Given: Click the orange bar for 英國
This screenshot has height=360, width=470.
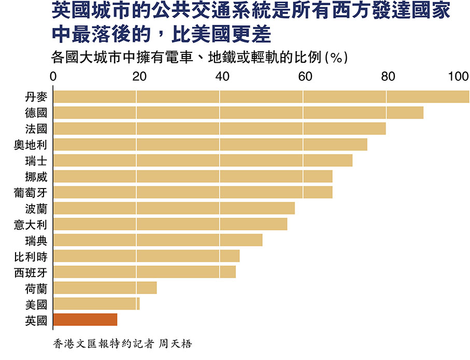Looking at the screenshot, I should [85, 320].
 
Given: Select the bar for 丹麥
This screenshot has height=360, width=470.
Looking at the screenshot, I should [261, 97].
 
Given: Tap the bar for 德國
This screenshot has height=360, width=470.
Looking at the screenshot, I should [238, 113].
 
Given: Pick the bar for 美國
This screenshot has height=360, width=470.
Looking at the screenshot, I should [96, 304].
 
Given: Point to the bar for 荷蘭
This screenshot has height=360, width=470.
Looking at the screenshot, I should [105, 288].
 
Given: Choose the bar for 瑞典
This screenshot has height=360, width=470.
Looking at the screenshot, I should [158, 240].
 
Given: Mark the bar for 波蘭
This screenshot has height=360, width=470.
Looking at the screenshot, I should [174, 208].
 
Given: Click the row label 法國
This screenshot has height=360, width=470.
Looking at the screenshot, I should [36, 128].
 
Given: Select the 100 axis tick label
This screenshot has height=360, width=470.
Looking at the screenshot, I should [459, 77].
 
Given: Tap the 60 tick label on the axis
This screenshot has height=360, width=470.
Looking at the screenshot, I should [305, 77].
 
